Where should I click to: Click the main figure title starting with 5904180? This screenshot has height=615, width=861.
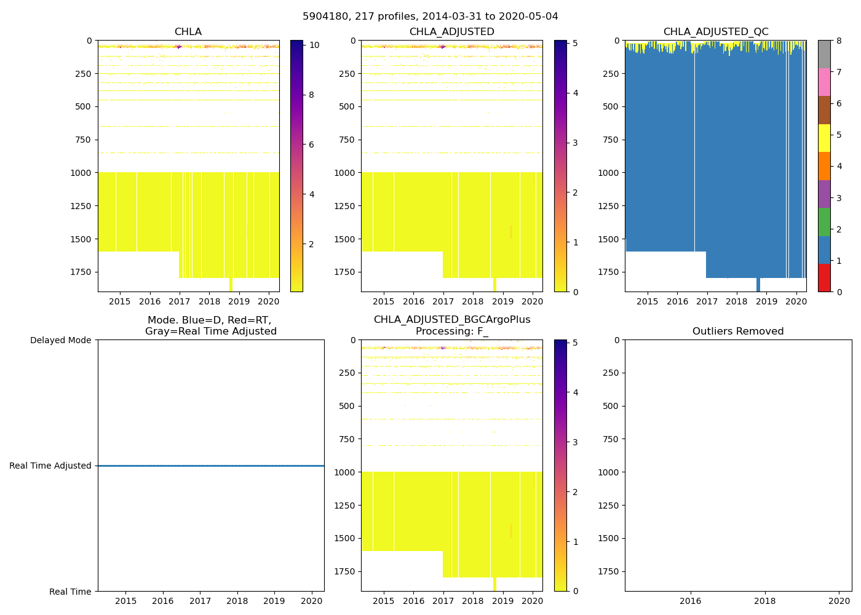(x=430, y=17)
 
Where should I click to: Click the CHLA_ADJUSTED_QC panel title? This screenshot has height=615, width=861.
(x=715, y=32)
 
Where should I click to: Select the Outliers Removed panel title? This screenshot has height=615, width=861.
(x=738, y=331)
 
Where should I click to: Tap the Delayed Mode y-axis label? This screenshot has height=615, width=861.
(x=60, y=340)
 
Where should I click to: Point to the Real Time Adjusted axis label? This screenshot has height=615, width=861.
(x=50, y=466)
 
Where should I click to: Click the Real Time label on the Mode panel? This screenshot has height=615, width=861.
(x=70, y=592)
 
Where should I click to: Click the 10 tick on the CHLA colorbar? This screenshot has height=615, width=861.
(x=314, y=45)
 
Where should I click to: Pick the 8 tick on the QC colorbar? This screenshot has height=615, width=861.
(x=838, y=41)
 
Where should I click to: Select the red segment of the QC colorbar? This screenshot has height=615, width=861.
(x=824, y=278)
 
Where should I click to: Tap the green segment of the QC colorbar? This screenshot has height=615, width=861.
(x=824, y=222)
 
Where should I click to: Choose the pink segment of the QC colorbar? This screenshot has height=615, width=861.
(x=824, y=82)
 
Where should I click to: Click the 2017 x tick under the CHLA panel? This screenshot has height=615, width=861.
(x=179, y=301)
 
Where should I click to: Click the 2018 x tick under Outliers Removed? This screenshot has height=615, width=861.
(x=765, y=601)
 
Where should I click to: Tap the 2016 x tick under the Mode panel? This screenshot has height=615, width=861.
(x=163, y=601)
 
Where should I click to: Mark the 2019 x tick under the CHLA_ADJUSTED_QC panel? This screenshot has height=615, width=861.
(x=766, y=301)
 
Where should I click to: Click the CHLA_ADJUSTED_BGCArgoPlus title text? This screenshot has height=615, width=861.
(x=451, y=320)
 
